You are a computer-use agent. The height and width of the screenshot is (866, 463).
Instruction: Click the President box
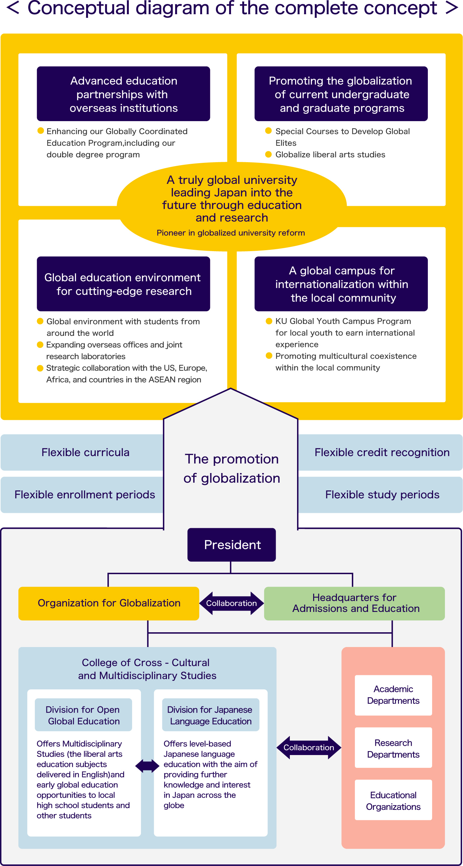231,545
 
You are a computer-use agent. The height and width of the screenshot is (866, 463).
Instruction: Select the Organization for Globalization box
109,603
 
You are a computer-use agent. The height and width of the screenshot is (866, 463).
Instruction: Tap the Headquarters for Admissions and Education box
354,603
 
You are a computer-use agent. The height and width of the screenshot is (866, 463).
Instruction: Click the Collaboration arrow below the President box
231,603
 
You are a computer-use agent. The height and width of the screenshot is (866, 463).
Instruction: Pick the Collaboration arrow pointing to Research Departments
309,747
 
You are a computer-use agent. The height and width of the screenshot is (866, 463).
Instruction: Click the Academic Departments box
393,695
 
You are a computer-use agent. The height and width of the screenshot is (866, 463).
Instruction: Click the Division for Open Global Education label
83,715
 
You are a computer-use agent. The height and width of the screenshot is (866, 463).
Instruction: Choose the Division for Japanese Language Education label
211,715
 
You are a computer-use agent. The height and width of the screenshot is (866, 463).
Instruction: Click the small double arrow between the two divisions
147,766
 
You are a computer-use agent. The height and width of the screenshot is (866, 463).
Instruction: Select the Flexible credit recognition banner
381,452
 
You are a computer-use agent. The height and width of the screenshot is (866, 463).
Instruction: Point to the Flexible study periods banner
381,494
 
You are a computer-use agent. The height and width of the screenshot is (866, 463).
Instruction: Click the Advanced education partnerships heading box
124,94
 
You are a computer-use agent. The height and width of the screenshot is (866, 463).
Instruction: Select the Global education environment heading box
124,284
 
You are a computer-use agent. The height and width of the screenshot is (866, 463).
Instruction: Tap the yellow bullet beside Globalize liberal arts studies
268,154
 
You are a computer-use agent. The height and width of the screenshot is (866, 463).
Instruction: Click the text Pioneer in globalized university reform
231,233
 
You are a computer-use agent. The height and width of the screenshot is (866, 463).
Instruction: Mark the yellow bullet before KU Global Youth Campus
268,321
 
